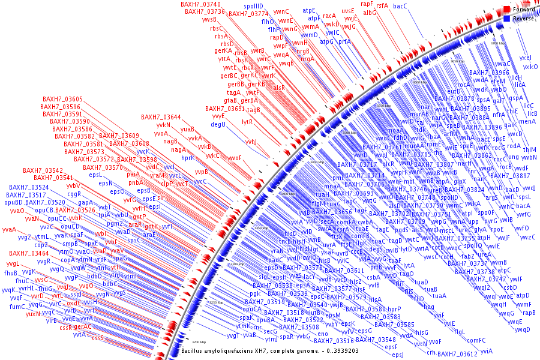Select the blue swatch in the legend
pyautogui.click(x=507, y=19)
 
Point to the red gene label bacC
pyautogui.click(x=400, y=6)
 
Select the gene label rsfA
pyautogui.click(x=382, y=5)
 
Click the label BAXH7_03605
pyautogui.click(x=62, y=99)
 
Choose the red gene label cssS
pyautogui.click(x=98, y=338)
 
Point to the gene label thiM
pyautogui.click(x=530, y=149)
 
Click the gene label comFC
pyautogui.click(x=476, y=340)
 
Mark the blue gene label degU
pyautogui.click(x=218, y=124)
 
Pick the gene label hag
pyautogui.click(x=428, y=307)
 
